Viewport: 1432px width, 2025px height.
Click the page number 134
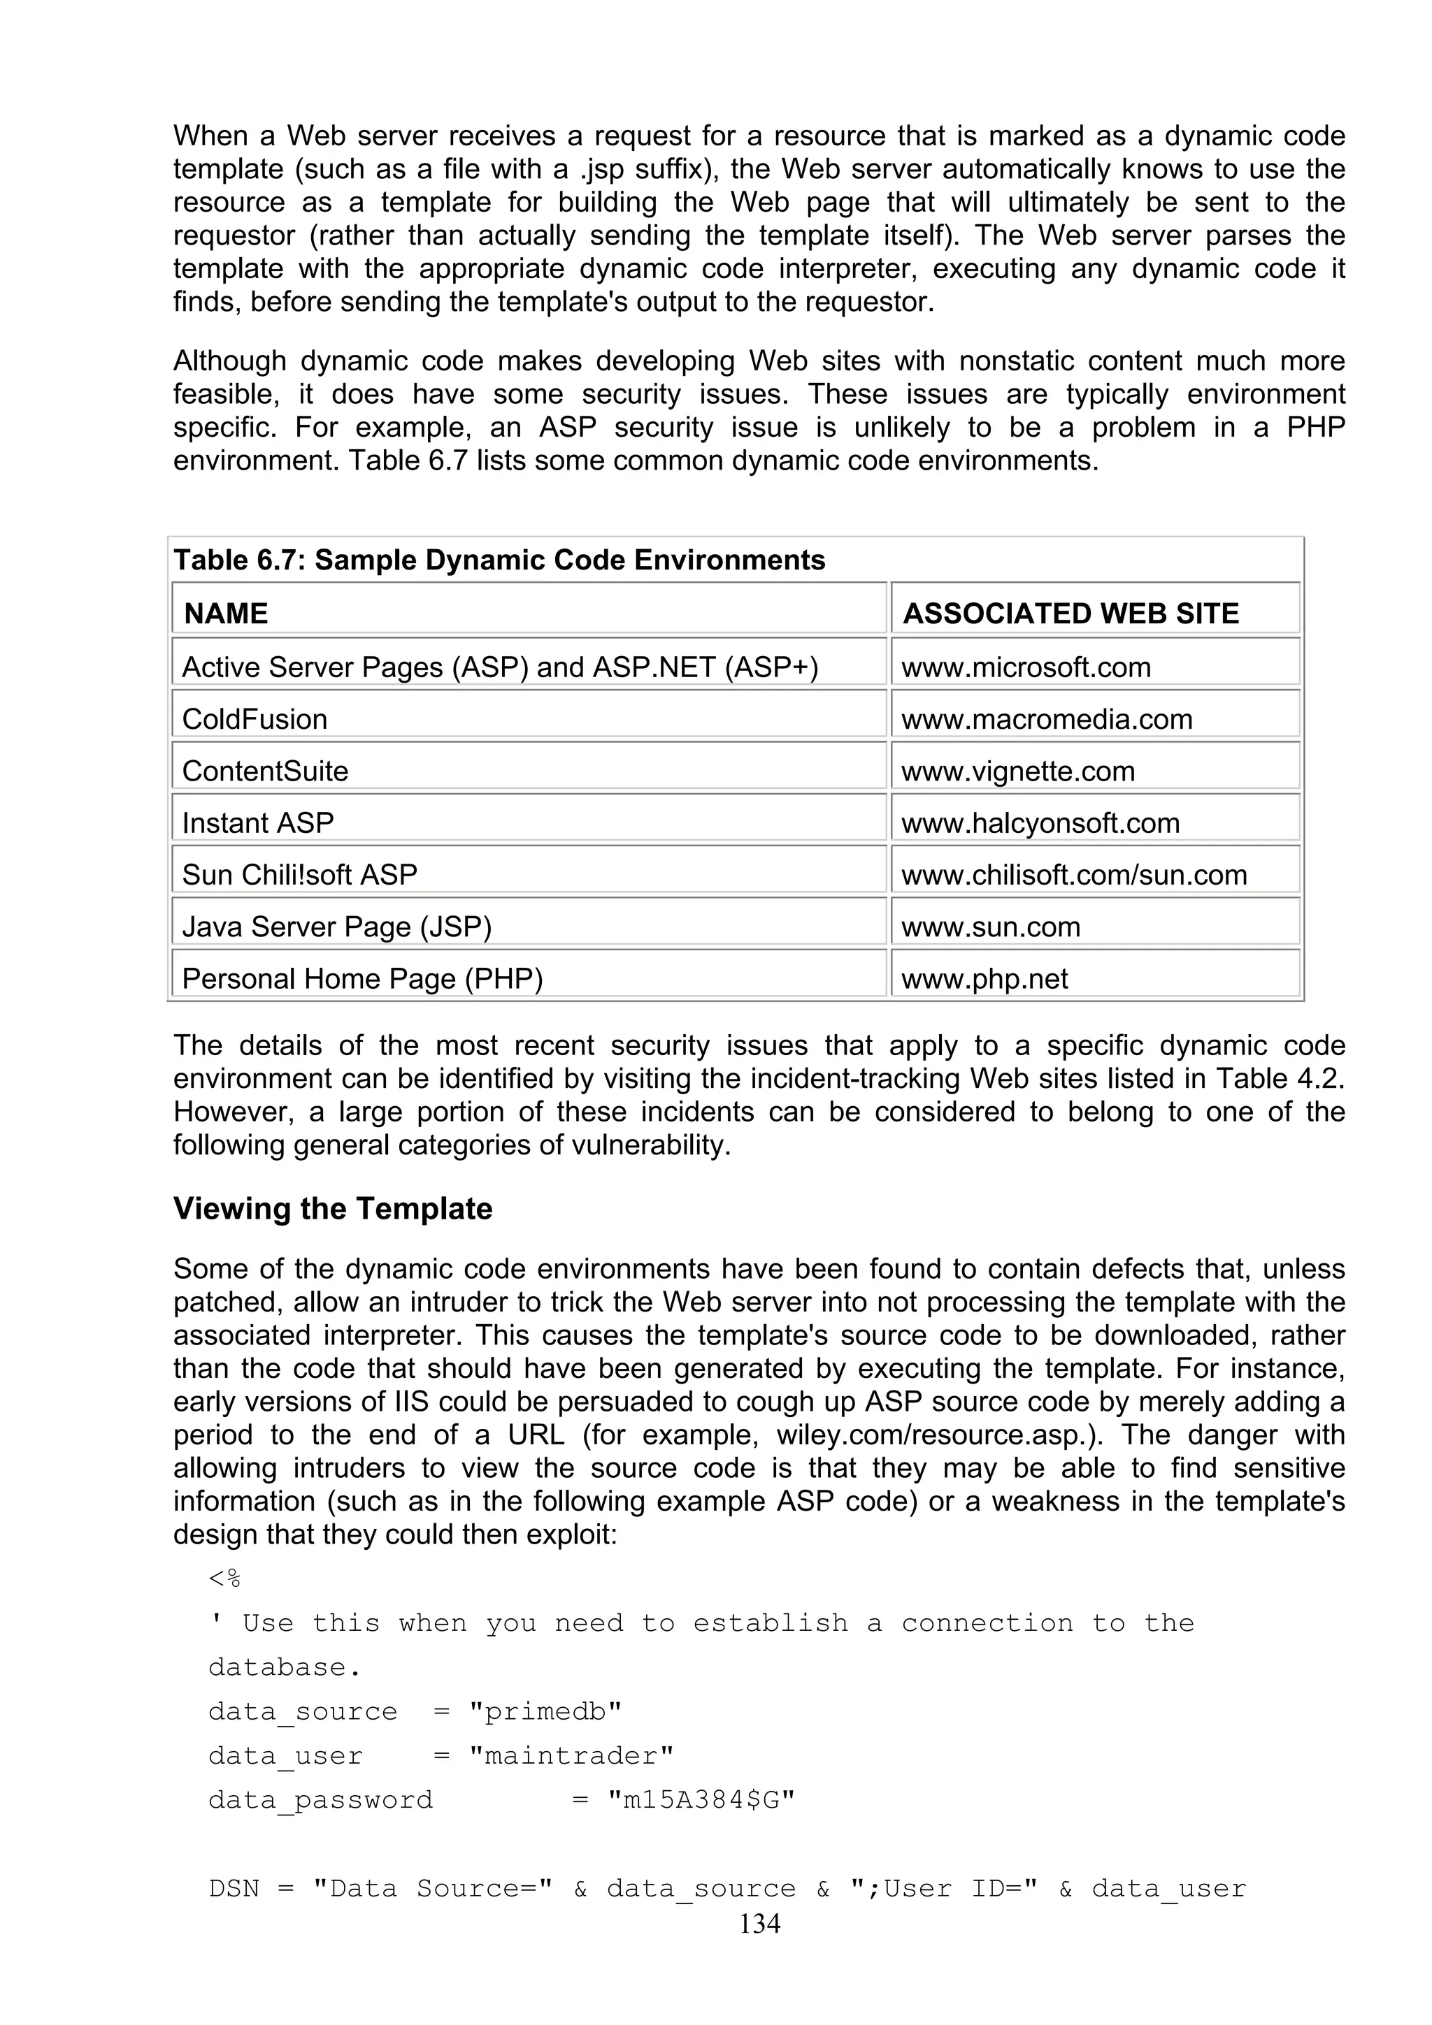(x=759, y=1924)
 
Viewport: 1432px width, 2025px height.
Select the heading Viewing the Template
(x=333, y=1208)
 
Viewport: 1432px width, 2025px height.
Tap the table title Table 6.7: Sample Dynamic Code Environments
(x=499, y=560)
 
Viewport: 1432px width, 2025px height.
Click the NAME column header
(x=226, y=613)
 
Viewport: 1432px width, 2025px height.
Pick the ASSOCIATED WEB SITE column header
(x=1071, y=613)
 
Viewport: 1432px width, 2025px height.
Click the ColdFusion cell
(x=255, y=719)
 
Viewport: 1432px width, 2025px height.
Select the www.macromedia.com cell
(x=1047, y=719)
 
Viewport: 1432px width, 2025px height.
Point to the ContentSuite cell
(x=266, y=771)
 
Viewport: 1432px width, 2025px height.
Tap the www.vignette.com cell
(x=1017, y=771)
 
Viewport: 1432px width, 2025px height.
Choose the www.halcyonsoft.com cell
(x=1040, y=823)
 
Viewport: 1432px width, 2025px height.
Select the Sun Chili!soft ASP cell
(x=300, y=875)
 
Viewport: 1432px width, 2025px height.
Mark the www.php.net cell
(x=984, y=979)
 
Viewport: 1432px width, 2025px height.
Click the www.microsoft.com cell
(x=1026, y=667)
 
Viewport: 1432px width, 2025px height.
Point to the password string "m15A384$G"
(x=701, y=1800)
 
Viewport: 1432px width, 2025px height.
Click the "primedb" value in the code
(x=545, y=1712)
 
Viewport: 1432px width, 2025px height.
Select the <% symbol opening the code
(x=225, y=1578)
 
